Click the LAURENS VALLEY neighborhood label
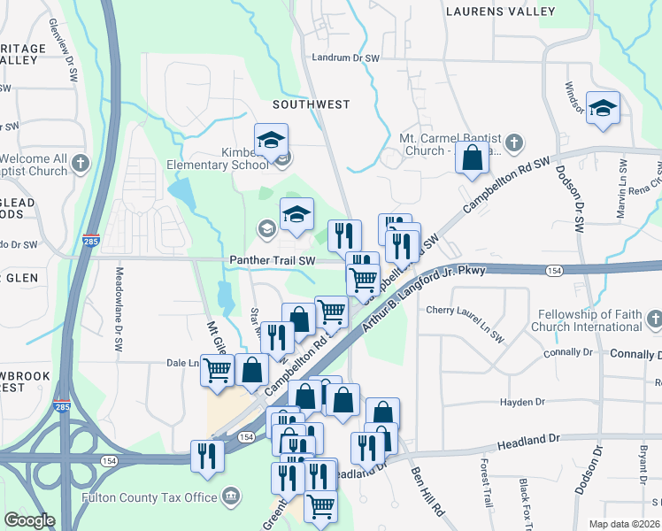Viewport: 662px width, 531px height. click(x=501, y=12)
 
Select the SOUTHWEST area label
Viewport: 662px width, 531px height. click(x=311, y=104)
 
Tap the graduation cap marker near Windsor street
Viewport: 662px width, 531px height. click(x=603, y=108)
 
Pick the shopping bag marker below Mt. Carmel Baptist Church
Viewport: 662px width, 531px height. click(x=473, y=158)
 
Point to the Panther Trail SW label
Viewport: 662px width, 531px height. click(x=272, y=261)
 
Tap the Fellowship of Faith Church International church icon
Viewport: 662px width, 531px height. click(x=653, y=319)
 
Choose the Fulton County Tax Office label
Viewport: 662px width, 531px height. click(x=150, y=497)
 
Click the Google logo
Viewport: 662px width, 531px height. click(x=29, y=520)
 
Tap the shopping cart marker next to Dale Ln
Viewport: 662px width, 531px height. click(x=217, y=370)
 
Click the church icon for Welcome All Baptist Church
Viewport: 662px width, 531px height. click(x=80, y=163)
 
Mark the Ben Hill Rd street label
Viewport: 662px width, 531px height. click(x=427, y=489)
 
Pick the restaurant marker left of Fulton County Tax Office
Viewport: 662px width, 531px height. click(x=207, y=456)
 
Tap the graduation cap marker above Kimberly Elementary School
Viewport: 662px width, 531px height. click(x=271, y=139)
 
